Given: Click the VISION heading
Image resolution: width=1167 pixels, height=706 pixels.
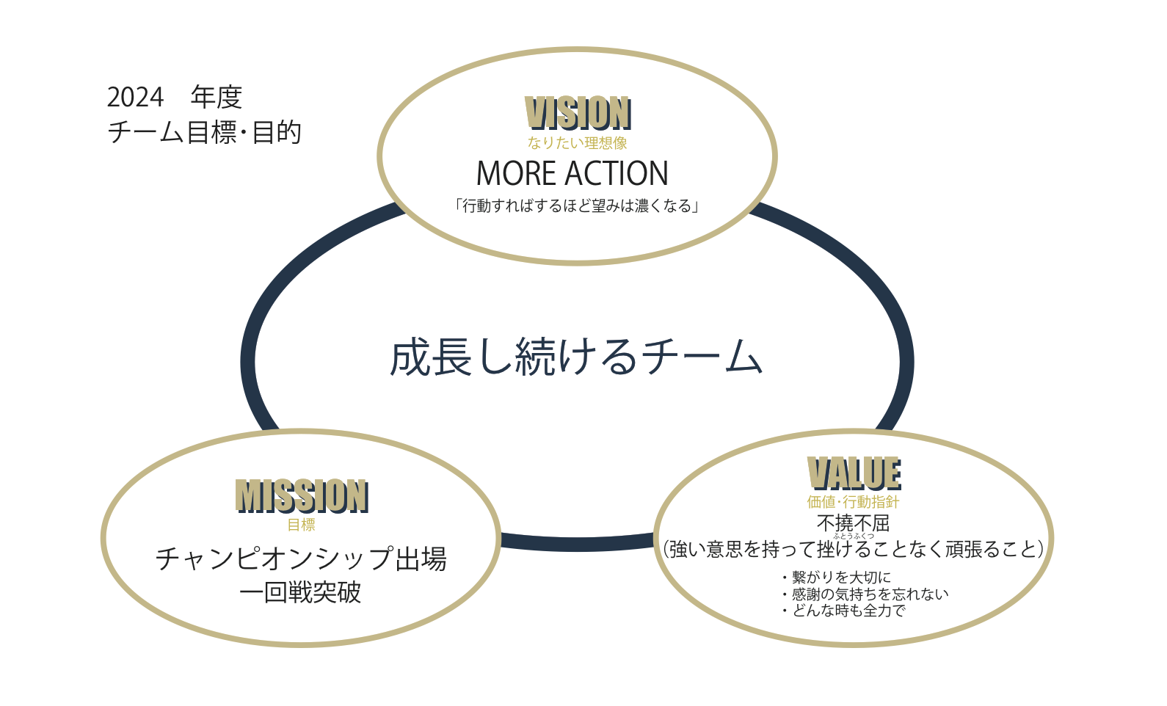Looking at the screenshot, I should click(578, 114).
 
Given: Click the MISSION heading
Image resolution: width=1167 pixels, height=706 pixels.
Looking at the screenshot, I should click(302, 496).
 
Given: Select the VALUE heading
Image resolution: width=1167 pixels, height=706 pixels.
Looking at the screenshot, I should click(854, 473).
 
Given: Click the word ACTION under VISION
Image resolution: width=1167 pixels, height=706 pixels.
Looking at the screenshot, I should click(617, 174).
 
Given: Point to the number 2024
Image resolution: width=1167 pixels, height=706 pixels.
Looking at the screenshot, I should click(135, 97).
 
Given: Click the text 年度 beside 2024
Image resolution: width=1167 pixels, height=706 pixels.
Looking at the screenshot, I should click(217, 97).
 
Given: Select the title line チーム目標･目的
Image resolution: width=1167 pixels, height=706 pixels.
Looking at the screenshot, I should click(204, 133).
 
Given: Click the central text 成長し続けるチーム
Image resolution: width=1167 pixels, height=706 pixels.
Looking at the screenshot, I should click(576, 357).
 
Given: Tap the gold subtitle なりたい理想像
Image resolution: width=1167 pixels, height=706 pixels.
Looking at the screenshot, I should click(577, 143).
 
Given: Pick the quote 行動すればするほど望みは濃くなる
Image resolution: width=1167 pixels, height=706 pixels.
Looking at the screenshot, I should click(577, 206).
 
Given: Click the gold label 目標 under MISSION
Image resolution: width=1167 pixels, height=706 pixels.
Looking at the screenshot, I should click(301, 525).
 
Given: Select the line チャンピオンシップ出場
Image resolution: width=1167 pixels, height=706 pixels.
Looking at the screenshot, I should click(301, 559).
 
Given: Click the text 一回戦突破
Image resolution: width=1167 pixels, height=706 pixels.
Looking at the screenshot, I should click(301, 592).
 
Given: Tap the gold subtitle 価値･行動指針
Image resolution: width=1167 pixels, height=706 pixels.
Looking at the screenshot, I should click(853, 502).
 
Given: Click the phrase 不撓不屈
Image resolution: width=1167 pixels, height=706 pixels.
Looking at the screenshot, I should click(853, 523).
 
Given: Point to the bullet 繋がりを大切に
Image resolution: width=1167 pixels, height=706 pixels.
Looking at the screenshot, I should click(841, 578).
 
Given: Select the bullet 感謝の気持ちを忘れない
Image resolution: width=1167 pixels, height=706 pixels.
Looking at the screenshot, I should click(870, 594).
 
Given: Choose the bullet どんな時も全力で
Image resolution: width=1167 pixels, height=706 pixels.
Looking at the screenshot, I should click(848, 611).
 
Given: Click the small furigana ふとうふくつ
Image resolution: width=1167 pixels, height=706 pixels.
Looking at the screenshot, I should click(853, 536).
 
